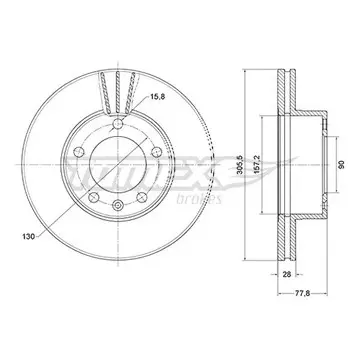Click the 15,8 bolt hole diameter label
[x=158, y=97]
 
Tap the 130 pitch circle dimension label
[x=28, y=237]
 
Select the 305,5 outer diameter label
[x=239, y=165]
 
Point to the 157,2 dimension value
[x=257, y=165]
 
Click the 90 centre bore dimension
[x=342, y=165]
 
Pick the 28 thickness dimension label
[x=287, y=274]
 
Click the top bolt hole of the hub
[x=118, y=124]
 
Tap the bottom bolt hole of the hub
[x=118, y=205]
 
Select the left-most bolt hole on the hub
[x=78, y=152]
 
